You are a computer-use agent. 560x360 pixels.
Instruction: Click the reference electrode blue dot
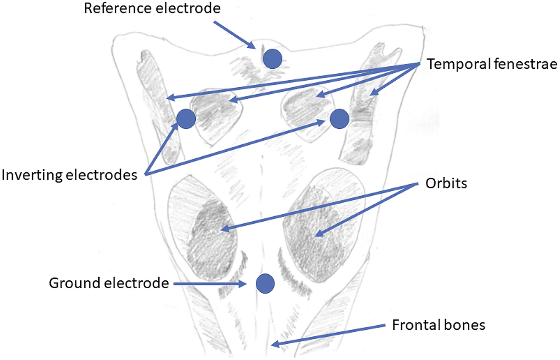point(272,59)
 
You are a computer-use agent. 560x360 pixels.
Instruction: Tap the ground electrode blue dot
point(266,283)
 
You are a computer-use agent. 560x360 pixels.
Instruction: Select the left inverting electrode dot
point(186,119)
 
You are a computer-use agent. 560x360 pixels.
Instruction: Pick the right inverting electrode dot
point(339,119)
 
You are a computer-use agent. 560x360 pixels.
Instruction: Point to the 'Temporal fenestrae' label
point(492,64)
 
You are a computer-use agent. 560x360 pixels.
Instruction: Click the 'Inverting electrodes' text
point(71,175)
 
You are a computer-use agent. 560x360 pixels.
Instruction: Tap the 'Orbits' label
point(446,184)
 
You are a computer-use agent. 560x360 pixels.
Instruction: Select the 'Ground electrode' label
point(109,283)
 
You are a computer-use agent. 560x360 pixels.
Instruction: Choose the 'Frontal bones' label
point(439,325)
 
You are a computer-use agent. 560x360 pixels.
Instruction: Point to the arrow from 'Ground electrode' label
point(209,283)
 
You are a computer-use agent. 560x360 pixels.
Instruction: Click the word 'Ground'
point(70,283)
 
